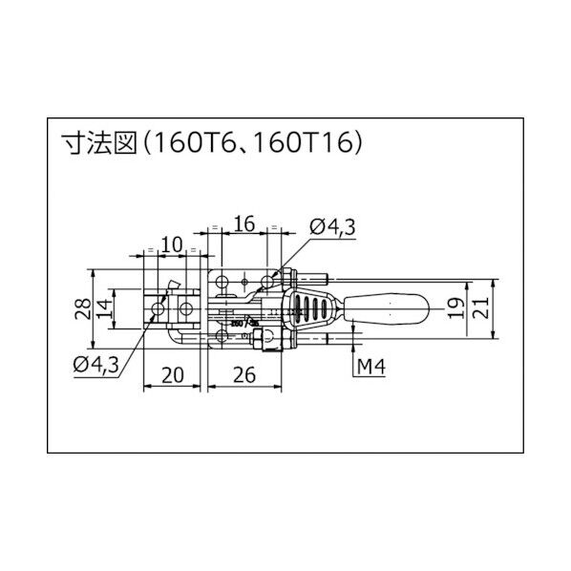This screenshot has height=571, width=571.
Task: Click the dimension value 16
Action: point(243,224)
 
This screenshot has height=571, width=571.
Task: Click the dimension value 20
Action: point(172,375)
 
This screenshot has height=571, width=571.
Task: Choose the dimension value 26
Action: point(245,375)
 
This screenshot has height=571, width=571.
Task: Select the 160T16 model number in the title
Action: point(311,144)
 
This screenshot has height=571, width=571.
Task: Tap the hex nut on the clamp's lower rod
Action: point(273,337)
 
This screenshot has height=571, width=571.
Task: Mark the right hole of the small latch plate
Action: point(184,309)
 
